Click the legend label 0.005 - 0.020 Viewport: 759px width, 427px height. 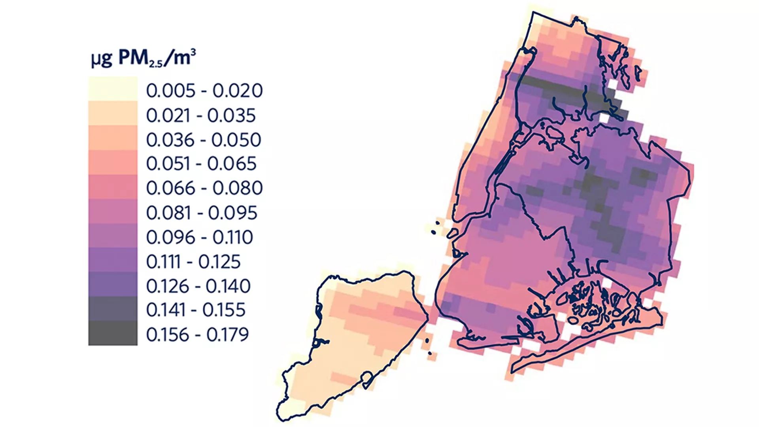tap(204, 91)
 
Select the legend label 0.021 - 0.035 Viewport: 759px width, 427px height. tap(201, 115)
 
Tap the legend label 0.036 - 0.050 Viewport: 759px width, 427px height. tap(204, 140)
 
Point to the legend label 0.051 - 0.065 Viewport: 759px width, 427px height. tap(201, 164)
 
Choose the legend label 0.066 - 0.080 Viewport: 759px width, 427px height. tap(204, 188)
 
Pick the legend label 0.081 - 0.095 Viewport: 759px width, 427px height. tap(202, 213)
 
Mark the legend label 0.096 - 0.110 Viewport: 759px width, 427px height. tap(199, 237)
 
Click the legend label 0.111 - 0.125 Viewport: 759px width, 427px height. tap(193, 262)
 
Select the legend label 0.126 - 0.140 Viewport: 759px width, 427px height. tap(198, 286)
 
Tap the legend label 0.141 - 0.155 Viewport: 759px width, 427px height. tap(196, 310)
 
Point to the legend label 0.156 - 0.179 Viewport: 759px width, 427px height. tap(197, 334)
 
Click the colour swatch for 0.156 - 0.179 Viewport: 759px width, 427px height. tap(113, 333)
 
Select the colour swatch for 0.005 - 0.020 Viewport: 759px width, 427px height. tap(113, 89)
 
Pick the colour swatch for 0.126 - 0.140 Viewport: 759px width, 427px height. tap(113, 284)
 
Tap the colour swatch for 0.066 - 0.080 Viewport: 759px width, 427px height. tap(113, 187)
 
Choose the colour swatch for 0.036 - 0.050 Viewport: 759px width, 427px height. tap(113, 138)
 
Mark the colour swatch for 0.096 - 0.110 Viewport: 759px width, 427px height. tap(113, 236)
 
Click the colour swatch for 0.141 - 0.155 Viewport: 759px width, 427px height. tap(113, 309)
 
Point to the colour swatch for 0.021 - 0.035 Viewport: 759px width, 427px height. tap(113, 113)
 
